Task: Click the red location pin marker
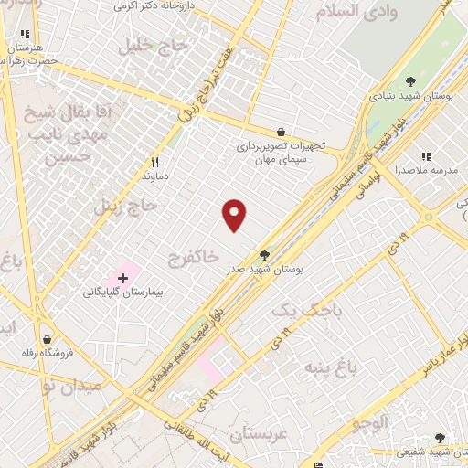click(235, 214)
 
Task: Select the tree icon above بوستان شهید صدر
click(265, 255)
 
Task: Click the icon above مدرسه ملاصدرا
click(425, 155)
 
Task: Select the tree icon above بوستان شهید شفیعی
click(441, 438)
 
